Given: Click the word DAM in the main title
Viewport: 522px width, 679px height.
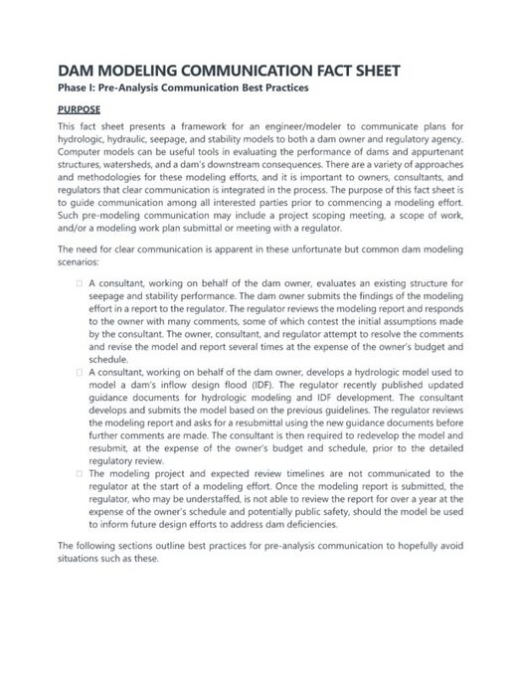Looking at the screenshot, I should (78, 71).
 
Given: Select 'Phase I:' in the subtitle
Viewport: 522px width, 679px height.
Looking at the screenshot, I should (82, 88).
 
